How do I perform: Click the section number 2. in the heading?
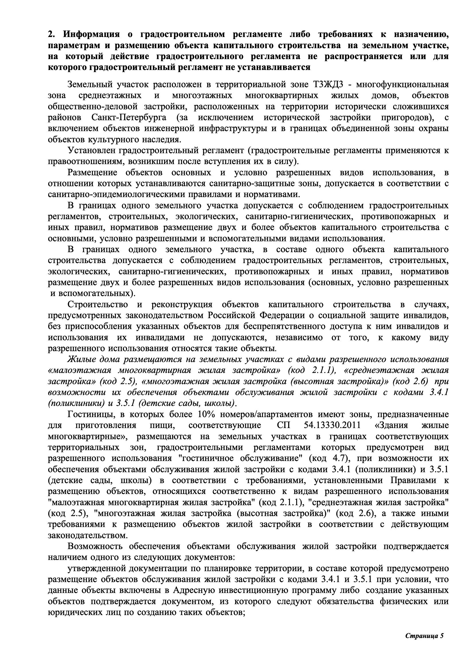(x=51, y=34)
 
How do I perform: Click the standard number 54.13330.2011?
(x=332, y=425)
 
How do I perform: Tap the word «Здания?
(x=392, y=425)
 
